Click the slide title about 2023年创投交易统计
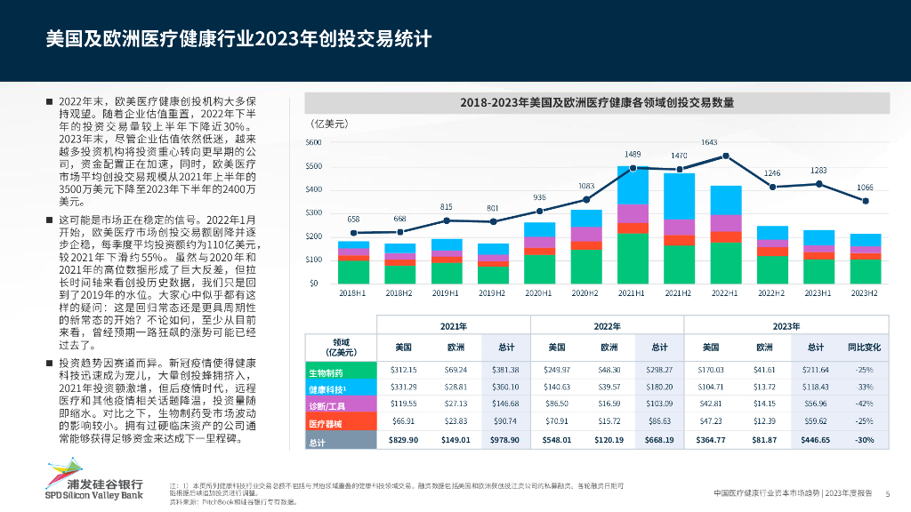pos(239,40)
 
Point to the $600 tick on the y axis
pos(338,142)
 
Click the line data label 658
pos(353,220)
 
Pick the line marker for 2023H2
pos(864,201)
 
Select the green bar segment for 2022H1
pos(727,263)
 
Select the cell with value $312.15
pos(404,370)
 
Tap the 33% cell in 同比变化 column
pos(864,388)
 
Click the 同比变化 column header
pos(864,347)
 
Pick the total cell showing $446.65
pos(815,441)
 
